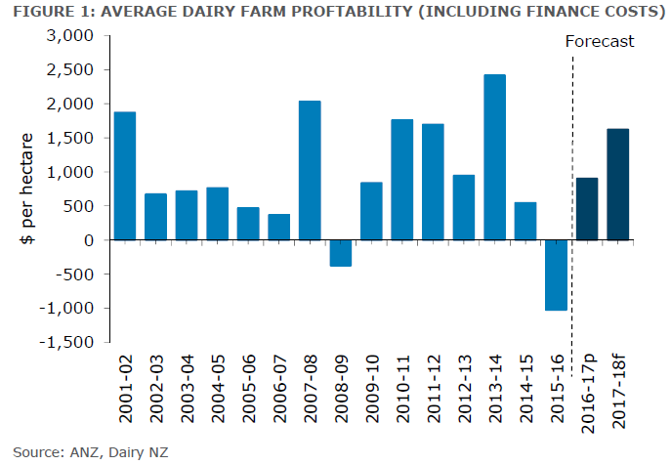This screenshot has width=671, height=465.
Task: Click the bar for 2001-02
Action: tap(125, 176)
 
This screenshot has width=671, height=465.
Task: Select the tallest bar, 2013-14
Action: tap(494, 157)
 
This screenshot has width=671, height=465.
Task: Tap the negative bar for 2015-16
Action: tap(557, 275)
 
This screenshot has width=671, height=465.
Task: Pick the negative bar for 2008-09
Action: tap(340, 253)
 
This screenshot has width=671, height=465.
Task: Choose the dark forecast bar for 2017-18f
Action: tap(618, 185)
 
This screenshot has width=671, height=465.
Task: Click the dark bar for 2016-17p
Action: tap(587, 208)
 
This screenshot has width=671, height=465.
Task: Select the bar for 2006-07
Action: tap(278, 227)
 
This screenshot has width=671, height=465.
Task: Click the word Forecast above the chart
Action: tap(600, 41)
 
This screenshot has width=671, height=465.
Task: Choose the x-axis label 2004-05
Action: tap(218, 392)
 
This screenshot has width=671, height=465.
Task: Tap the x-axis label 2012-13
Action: tap(465, 392)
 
